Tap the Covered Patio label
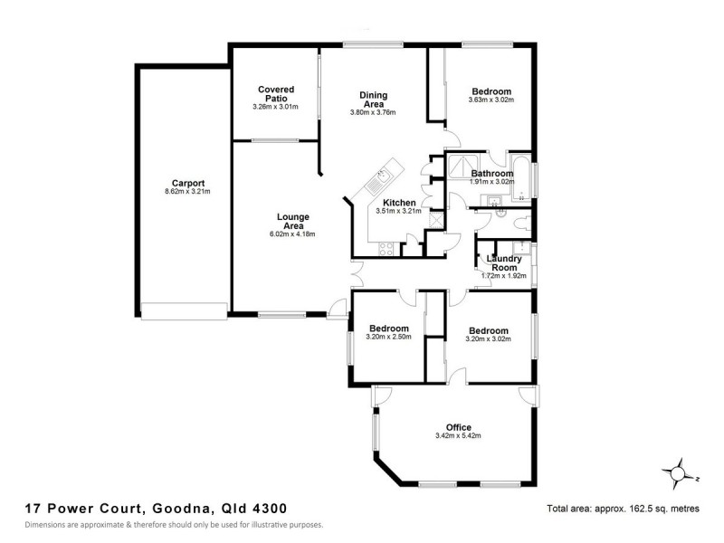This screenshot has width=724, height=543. [275, 94]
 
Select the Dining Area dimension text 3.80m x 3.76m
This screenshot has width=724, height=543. [373, 112]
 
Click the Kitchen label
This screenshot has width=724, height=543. [399, 203]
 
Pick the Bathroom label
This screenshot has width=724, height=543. [492, 173]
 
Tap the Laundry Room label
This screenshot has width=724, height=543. [503, 263]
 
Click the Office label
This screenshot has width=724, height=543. [458, 427]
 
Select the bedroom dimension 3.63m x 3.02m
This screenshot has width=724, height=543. [491, 100]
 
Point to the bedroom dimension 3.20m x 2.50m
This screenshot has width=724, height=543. [388, 338]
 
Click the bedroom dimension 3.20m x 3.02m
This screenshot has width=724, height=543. [489, 340]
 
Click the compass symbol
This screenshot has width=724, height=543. [678, 472]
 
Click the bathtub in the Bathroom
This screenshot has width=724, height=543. [523, 177]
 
